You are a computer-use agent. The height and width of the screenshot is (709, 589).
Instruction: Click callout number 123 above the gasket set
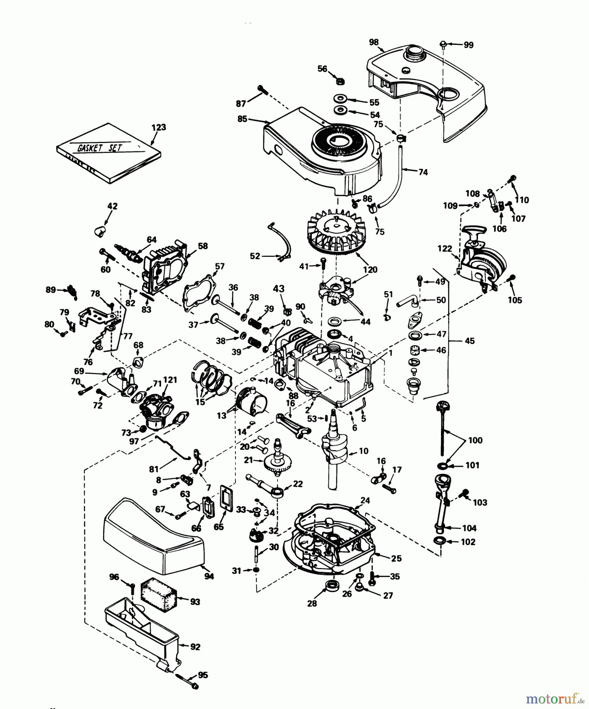[159, 128]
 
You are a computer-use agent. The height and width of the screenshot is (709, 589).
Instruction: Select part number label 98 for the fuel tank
[374, 42]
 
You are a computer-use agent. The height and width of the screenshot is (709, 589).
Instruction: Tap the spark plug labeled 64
[128, 252]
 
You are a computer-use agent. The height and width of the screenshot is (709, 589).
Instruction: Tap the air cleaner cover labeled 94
[154, 540]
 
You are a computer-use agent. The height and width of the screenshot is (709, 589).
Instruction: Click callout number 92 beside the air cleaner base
[195, 646]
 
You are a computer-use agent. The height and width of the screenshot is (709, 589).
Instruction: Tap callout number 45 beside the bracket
[470, 341]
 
